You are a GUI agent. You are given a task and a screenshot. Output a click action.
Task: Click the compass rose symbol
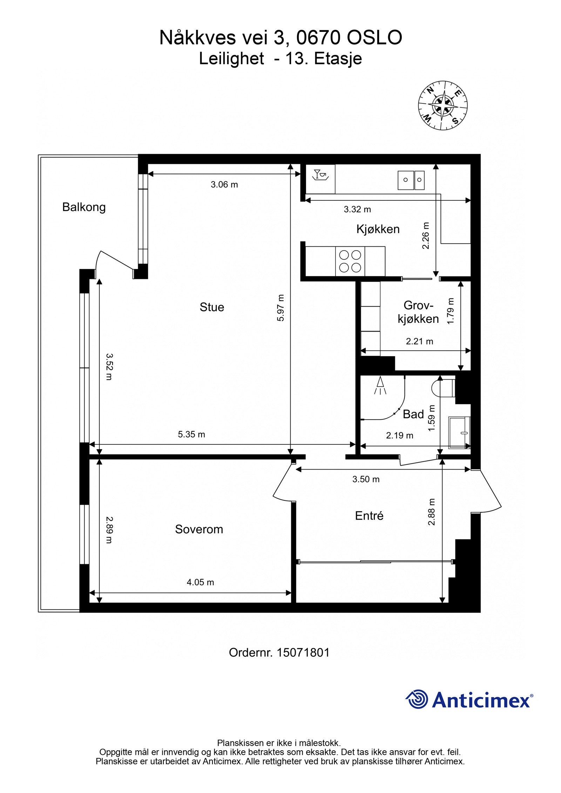[442, 105]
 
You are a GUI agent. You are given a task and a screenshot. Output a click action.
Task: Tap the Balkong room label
[84, 207]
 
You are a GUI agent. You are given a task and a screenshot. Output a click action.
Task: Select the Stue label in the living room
[212, 307]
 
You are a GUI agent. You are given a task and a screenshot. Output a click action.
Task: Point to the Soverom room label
[199, 529]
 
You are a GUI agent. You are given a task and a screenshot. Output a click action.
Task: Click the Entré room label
[369, 515]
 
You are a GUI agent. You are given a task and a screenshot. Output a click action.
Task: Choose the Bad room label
[413, 414]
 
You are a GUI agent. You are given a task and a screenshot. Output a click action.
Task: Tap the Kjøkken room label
[378, 229]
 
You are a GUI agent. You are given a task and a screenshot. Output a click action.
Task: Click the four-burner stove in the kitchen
[350, 261]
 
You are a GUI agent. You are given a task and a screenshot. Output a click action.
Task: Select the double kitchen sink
[411, 180]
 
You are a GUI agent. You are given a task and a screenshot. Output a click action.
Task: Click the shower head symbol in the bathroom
[380, 386]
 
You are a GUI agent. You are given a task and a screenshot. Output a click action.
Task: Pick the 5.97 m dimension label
[280, 308]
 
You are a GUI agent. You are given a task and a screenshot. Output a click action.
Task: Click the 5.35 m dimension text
[191, 435]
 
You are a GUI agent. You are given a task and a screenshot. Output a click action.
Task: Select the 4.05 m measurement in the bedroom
[200, 582]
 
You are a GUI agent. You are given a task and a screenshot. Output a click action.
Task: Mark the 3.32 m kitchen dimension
[357, 210]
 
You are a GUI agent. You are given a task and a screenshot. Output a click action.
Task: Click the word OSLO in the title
[374, 38]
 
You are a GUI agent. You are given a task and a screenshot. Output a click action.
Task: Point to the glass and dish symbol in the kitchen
[320, 174]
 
